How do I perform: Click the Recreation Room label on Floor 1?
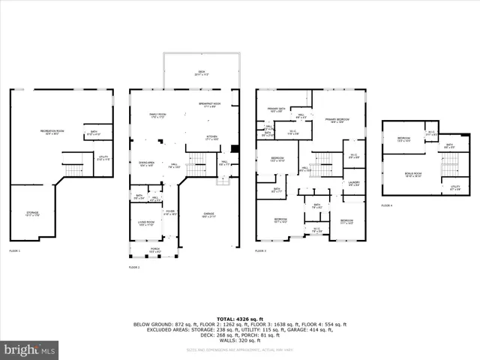(50, 133)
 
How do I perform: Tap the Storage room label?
(31, 214)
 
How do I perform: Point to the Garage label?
(208, 214)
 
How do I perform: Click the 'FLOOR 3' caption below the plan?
(260, 250)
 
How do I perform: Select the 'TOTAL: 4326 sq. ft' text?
(240, 319)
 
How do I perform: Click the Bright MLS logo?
(30, 349)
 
